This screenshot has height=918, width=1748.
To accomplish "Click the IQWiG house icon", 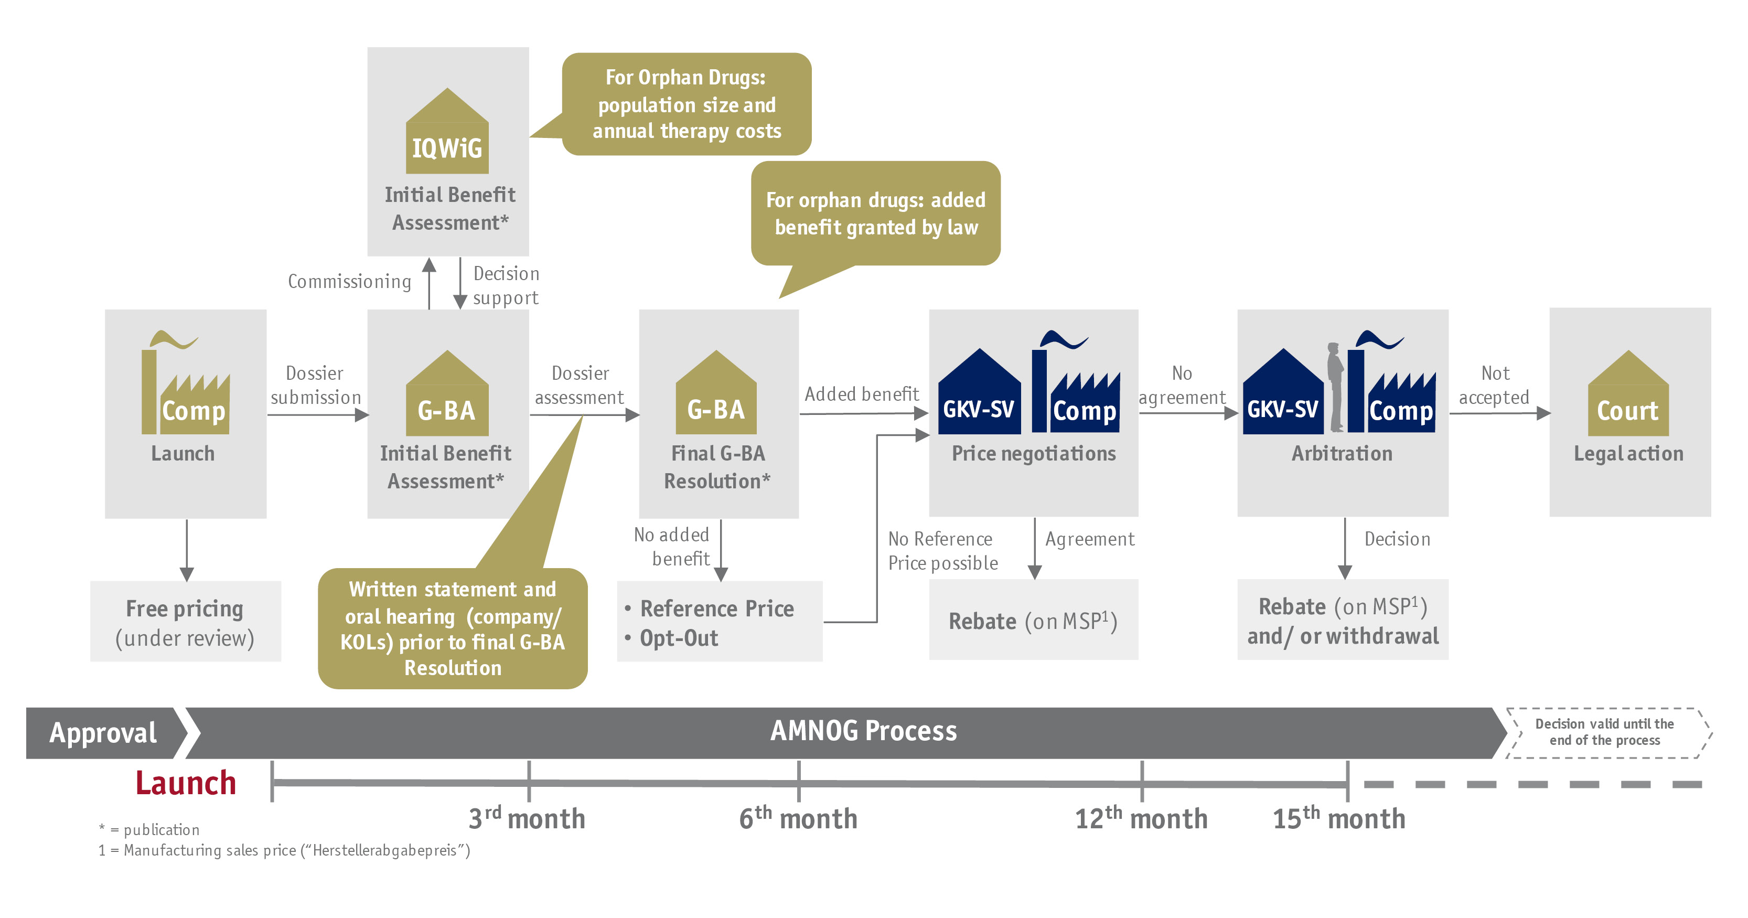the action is click(447, 131).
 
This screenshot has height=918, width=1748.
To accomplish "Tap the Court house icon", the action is click(1628, 393).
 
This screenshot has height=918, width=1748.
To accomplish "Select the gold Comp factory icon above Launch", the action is click(185, 382).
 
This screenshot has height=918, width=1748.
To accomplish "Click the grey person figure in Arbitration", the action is click(1335, 387).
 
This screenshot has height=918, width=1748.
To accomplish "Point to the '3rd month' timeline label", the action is click(527, 818).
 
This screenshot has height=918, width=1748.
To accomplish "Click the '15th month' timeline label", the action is click(1338, 818).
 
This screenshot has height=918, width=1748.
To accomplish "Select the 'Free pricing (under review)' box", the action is click(185, 621).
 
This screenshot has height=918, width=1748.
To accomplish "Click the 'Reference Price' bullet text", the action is click(716, 609).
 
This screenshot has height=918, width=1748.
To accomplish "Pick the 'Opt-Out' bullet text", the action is click(679, 638).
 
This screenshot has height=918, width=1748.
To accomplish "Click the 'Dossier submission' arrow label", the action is click(316, 385).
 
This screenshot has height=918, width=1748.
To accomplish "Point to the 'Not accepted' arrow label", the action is click(1494, 385).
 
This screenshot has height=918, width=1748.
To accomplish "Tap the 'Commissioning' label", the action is click(349, 281).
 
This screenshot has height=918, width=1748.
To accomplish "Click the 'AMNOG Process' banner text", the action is click(863, 731).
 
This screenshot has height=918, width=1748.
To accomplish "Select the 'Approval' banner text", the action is click(103, 732).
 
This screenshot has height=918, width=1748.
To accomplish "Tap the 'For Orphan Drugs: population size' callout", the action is click(686, 104).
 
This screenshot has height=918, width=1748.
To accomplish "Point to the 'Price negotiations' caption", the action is click(1034, 453).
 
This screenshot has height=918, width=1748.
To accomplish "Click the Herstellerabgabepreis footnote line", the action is click(284, 850).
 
